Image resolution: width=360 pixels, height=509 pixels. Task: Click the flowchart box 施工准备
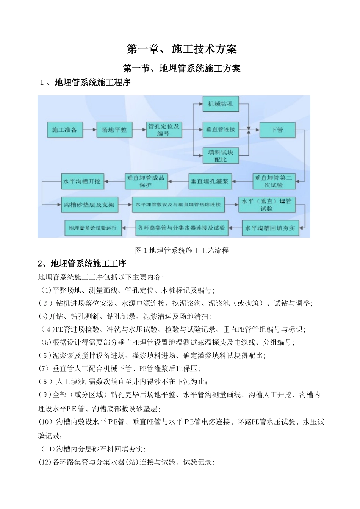65,130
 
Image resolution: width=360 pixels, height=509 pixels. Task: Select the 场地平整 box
114,130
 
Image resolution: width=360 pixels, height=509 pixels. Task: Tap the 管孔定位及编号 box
164,130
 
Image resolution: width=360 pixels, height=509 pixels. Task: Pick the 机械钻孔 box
221,103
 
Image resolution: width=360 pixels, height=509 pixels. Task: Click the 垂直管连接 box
221,130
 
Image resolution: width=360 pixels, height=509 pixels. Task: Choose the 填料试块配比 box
221,155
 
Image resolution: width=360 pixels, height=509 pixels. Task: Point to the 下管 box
277,130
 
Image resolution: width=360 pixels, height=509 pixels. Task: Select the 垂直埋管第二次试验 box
273,181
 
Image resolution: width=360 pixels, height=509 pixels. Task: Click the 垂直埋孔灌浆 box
210,181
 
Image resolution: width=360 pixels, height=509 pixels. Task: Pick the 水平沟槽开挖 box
82,181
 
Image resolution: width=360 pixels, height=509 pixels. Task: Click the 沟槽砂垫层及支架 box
89,205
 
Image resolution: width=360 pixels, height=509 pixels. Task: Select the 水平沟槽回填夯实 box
270,228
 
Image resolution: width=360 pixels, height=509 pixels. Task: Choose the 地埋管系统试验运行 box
93,228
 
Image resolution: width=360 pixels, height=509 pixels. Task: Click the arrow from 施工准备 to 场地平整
89,130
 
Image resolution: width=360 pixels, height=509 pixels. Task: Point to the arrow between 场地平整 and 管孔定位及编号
139,130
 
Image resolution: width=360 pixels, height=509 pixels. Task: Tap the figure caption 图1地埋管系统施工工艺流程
182,250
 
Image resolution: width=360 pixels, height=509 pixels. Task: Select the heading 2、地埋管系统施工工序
82,264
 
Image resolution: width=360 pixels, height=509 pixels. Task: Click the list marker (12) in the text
45,462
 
